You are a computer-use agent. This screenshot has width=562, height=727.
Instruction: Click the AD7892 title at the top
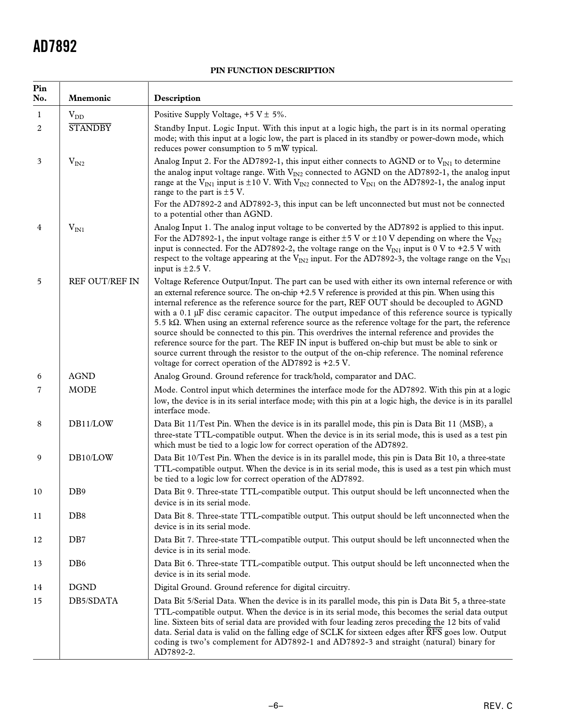coord(55,46)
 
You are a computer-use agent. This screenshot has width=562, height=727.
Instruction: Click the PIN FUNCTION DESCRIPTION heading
coord(272,70)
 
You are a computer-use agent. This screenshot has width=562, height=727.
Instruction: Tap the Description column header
coord(177,98)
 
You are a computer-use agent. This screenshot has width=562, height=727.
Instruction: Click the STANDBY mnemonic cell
coord(90,128)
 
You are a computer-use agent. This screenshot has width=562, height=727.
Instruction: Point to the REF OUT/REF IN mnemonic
coord(104,282)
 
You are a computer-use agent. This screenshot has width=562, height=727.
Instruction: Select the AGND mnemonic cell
coord(82,376)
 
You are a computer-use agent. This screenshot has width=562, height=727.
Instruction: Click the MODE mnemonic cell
coord(82,390)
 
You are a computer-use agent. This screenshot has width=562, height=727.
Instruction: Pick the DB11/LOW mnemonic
coord(91,424)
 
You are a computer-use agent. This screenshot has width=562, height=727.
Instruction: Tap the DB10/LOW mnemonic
coord(91,458)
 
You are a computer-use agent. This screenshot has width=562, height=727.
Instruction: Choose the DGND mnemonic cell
coord(82,587)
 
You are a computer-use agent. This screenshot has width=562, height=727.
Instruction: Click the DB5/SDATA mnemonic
coord(93,601)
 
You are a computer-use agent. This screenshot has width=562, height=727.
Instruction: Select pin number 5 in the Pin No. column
coord(39,282)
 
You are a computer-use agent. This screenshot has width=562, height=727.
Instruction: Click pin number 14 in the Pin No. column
coord(38,587)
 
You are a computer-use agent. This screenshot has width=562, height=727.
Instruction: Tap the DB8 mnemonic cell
coord(77,516)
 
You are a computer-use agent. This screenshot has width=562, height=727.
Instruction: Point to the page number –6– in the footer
coord(276,706)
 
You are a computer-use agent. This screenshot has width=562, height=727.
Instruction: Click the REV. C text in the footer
coord(498,706)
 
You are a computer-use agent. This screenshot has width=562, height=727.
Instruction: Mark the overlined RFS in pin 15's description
coord(434,632)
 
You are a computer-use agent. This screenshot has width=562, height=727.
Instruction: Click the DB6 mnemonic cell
coord(77,564)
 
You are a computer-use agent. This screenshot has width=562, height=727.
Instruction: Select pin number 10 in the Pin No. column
coord(38,492)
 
